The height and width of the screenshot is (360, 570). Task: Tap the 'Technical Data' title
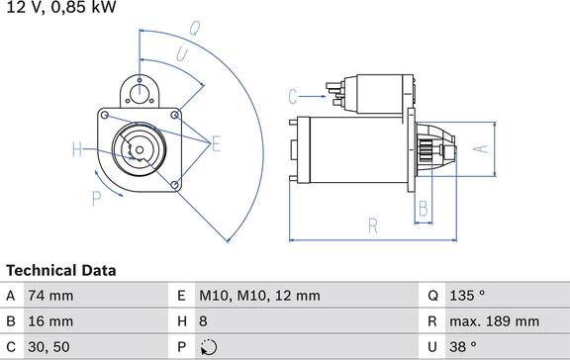(61, 270)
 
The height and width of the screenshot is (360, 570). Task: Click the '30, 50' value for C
(50, 347)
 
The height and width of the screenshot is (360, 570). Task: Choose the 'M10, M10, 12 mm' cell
(259, 296)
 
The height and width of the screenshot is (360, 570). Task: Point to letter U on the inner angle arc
(182, 54)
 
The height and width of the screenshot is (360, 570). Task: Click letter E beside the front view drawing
(216, 145)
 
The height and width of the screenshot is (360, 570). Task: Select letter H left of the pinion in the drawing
(77, 150)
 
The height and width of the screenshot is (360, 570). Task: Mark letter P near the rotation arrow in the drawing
(97, 199)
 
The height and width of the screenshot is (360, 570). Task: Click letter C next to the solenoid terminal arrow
(293, 96)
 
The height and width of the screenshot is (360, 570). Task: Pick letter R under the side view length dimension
(373, 225)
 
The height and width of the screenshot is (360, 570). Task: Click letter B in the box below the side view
(423, 209)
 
